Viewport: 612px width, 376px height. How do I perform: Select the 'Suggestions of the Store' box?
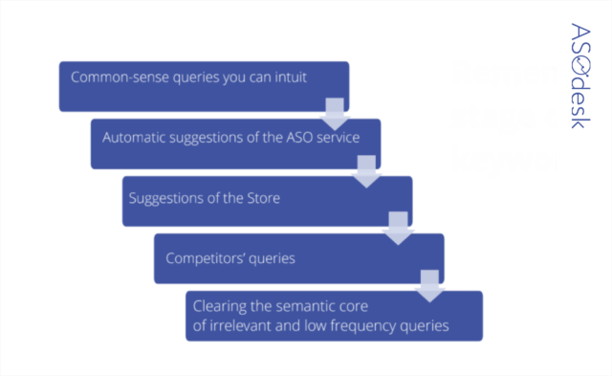267,201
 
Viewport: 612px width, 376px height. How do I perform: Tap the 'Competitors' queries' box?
298,257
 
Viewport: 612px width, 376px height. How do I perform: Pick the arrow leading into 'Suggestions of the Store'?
365,173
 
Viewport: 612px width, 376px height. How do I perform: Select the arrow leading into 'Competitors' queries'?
397,230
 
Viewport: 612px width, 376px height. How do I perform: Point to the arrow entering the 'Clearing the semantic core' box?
429,285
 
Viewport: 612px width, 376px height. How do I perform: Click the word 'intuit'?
290,77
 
